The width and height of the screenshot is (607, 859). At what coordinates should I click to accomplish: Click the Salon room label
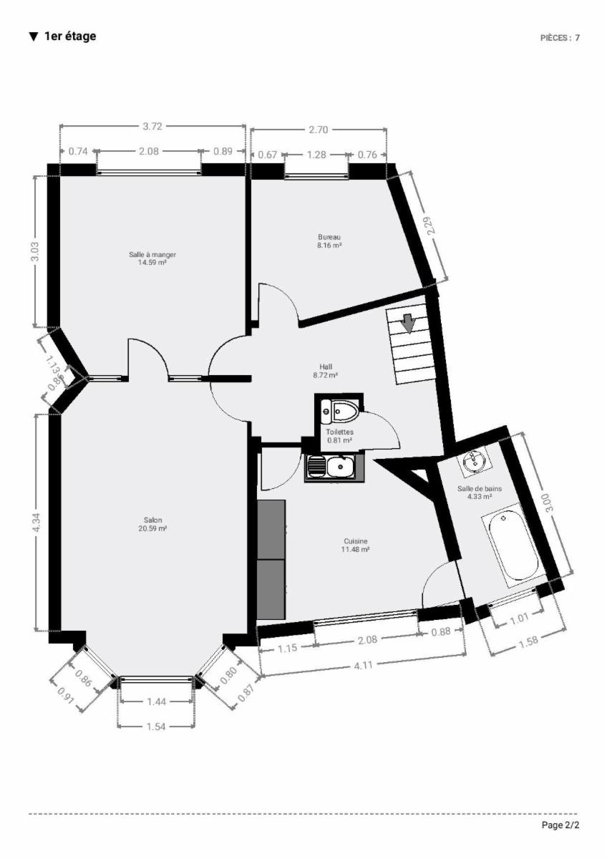[x=152, y=520]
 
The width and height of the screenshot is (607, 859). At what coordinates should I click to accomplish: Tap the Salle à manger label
[x=152, y=255]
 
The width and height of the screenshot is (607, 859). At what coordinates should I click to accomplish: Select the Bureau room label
[x=329, y=237]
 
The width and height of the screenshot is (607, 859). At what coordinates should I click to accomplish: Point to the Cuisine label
[x=356, y=541]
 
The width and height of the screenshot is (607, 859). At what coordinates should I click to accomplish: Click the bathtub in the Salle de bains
[x=514, y=545]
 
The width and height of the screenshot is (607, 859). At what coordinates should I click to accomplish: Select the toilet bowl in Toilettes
[x=345, y=411]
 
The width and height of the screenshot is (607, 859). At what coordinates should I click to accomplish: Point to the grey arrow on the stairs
[x=409, y=324]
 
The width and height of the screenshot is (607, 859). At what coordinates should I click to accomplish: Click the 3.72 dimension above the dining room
[x=152, y=127]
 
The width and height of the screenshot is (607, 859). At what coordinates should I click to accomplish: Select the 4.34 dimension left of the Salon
[x=35, y=523]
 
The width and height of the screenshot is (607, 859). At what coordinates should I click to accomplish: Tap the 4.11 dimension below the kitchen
[x=363, y=665]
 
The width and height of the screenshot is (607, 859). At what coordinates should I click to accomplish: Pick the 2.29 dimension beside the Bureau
[x=431, y=225]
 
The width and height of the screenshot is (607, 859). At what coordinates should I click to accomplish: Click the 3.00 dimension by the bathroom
[x=549, y=503]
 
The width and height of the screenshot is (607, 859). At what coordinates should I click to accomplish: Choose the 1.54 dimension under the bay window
[x=156, y=727]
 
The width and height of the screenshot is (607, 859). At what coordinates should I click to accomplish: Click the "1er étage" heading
[x=70, y=37]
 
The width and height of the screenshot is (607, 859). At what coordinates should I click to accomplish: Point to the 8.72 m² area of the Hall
[x=325, y=375]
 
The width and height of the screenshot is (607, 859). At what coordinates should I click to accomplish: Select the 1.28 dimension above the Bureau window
[x=316, y=155]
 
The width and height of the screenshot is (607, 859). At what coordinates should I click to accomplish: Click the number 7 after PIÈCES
[x=577, y=37]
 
